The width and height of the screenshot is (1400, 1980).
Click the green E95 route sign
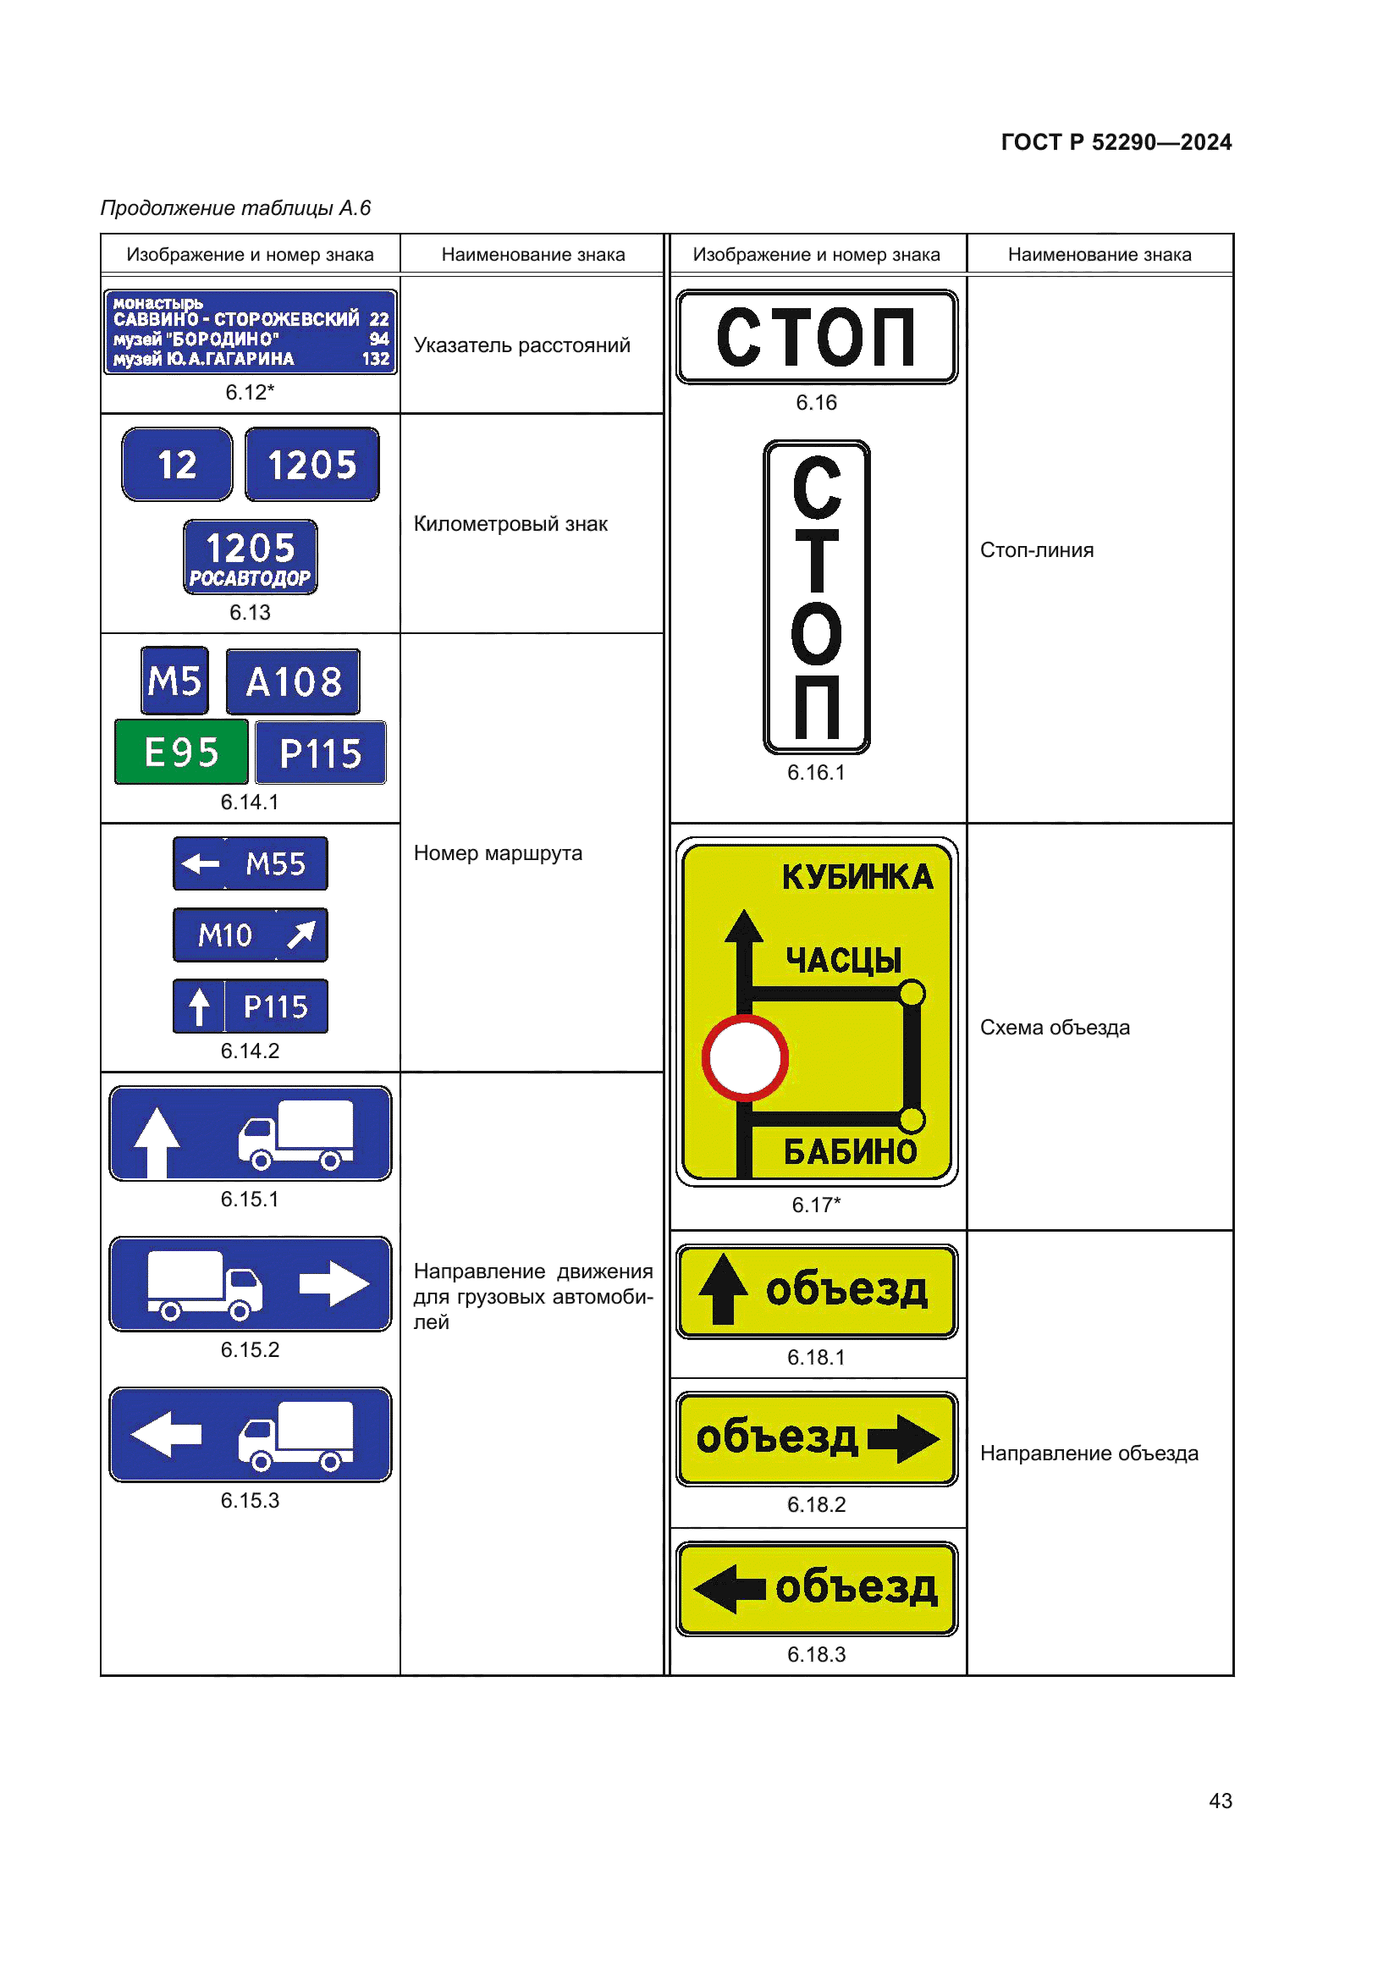[x=181, y=752]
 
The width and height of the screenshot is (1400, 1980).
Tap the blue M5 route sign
[x=175, y=681]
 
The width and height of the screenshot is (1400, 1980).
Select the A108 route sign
[x=293, y=682]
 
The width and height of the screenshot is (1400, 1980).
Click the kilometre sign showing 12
[x=177, y=465]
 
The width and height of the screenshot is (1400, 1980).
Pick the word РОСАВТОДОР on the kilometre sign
[x=250, y=579]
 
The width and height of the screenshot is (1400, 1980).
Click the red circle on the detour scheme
[x=745, y=1058]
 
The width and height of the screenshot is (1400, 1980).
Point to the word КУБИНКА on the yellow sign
[x=857, y=877]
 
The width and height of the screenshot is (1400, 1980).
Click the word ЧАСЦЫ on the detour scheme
[x=843, y=960]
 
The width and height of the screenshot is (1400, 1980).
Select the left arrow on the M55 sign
[x=201, y=863]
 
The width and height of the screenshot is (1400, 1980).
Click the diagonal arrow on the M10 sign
[x=301, y=934]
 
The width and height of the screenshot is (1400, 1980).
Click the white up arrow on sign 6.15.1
[x=157, y=1141]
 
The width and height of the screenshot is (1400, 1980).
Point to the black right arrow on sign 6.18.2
[x=903, y=1438]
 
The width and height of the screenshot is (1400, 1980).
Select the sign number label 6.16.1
[x=815, y=773]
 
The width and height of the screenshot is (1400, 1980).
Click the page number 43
[x=1220, y=1801]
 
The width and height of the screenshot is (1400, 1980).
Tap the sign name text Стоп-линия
[x=1036, y=550]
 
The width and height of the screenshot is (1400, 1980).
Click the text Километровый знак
[x=510, y=523]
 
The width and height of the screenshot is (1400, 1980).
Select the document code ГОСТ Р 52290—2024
[x=1116, y=142]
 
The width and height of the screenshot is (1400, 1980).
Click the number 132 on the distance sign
[x=375, y=359]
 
